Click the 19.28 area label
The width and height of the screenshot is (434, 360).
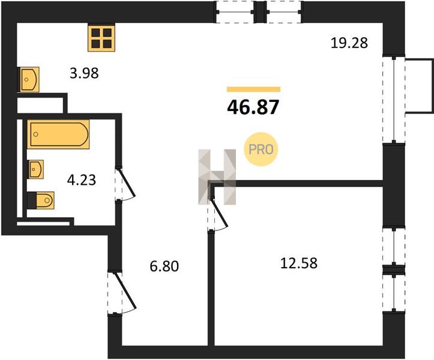coord(349,43)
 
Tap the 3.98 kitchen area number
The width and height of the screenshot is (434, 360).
coord(84,74)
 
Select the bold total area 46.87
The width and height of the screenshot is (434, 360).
coord(253,107)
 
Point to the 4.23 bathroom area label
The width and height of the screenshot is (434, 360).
coord(82,180)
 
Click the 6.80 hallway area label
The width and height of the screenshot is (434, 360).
coord(164,266)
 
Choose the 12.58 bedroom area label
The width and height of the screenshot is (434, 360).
coord(299,263)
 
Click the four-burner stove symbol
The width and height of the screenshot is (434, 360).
coord(101,38)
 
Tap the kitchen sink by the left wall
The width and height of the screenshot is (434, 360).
coord(29,79)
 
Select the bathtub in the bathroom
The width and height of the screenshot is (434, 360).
coord(58,134)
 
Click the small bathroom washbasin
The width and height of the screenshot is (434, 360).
coord(37,169)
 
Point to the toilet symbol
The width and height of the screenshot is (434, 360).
coord(41,200)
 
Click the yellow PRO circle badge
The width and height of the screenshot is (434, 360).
coord(261,149)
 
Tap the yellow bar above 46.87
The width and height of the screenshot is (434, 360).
coord(253,89)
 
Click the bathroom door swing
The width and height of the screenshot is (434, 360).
coord(125,184)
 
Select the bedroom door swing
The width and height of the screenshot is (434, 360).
coord(218,214)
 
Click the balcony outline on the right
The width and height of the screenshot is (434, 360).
coord(419,86)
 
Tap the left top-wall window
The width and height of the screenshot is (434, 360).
coord(235,12)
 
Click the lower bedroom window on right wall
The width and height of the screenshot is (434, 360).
coord(394,293)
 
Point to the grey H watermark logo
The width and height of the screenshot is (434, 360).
coord(217,177)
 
